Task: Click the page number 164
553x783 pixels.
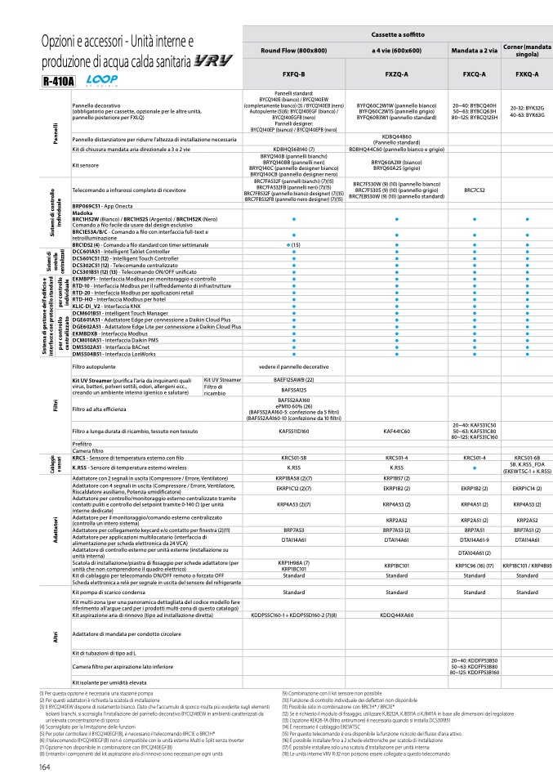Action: coord(45,767)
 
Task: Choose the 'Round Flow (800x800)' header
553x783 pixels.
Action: coord(292,50)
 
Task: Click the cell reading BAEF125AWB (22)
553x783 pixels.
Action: coord(293,380)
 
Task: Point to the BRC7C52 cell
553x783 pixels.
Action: coord(474,190)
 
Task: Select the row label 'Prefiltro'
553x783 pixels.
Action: coord(81,444)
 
